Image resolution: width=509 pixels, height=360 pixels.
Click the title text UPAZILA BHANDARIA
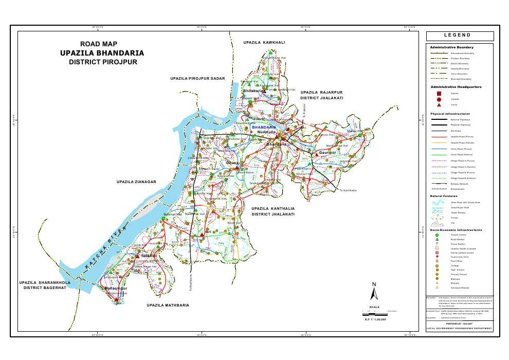pyautogui.click(x=102, y=53)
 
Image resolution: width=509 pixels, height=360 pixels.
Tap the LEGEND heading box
pyautogui.click(x=460, y=36)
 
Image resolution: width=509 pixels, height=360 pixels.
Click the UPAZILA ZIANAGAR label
pyautogui.click(x=136, y=182)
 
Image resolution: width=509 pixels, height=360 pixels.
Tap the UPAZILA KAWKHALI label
pyautogui.click(x=264, y=42)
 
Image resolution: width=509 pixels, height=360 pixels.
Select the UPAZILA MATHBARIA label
pyautogui.click(x=168, y=305)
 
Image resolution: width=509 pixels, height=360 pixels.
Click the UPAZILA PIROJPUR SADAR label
pyautogui.click(x=198, y=78)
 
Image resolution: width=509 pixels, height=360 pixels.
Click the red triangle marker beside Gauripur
pyautogui.click(x=314, y=152)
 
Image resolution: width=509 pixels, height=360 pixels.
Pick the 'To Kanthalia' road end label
pyautogui.click(x=348, y=190)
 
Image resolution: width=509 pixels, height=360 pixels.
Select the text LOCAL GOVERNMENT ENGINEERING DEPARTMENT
pyautogui.click(x=460, y=328)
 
